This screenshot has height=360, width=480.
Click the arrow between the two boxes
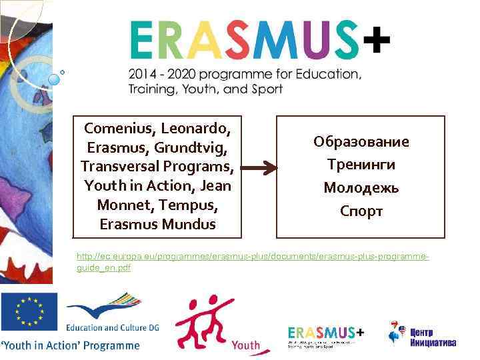pyautogui.click(x=258, y=171)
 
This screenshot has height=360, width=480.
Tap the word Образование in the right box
pyautogui.click(x=361, y=142)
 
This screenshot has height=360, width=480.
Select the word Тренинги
pyautogui.click(x=361, y=165)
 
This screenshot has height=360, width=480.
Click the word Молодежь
pyautogui.click(x=361, y=188)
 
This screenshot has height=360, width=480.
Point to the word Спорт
pyautogui.click(x=361, y=211)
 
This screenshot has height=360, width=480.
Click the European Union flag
pyautogui.click(x=29, y=312)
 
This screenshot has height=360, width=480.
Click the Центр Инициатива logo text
pyautogui.click(x=433, y=337)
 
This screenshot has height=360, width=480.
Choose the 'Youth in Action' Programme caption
pyautogui.click(x=71, y=345)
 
